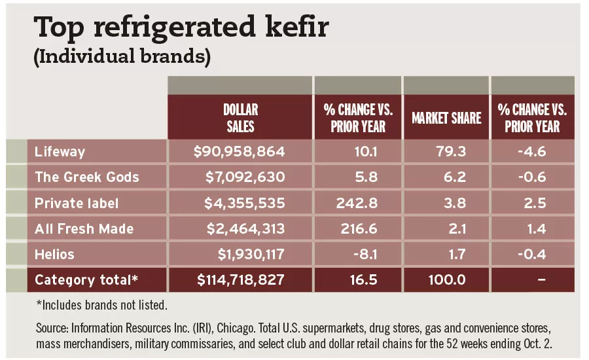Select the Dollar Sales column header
(240, 117)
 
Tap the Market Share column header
(446, 118)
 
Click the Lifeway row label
(60, 152)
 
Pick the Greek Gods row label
(87, 177)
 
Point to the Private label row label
(77, 203)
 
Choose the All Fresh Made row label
(84, 228)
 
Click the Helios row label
(56, 254)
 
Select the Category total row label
(87, 280)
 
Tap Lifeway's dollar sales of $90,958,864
(240, 152)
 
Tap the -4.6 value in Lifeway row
(535, 152)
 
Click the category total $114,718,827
(241, 280)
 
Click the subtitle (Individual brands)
(122, 57)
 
